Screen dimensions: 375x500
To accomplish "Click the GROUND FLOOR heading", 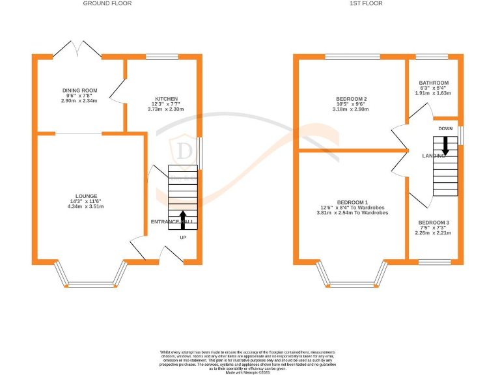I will click(x=107, y=3).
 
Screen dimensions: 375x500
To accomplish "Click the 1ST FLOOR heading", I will click(x=366, y=3).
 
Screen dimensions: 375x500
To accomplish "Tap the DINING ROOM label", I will click(x=79, y=90).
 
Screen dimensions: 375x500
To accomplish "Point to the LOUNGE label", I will click(x=86, y=196).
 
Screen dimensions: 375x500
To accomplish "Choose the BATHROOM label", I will click(x=434, y=83).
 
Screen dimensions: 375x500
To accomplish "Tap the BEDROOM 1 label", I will click(x=352, y=202).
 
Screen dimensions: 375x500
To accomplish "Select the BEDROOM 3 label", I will click(x=434, y=223).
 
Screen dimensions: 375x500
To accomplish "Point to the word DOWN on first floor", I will click(x=445, y=128).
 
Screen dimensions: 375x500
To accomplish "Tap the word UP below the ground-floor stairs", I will click(x=183, y=237).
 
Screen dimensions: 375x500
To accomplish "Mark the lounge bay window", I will click(x=91, y=283).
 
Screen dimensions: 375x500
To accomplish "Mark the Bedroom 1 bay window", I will click(x=352, y=283).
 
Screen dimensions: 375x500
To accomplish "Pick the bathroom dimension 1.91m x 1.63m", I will click(x=434, y=94).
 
